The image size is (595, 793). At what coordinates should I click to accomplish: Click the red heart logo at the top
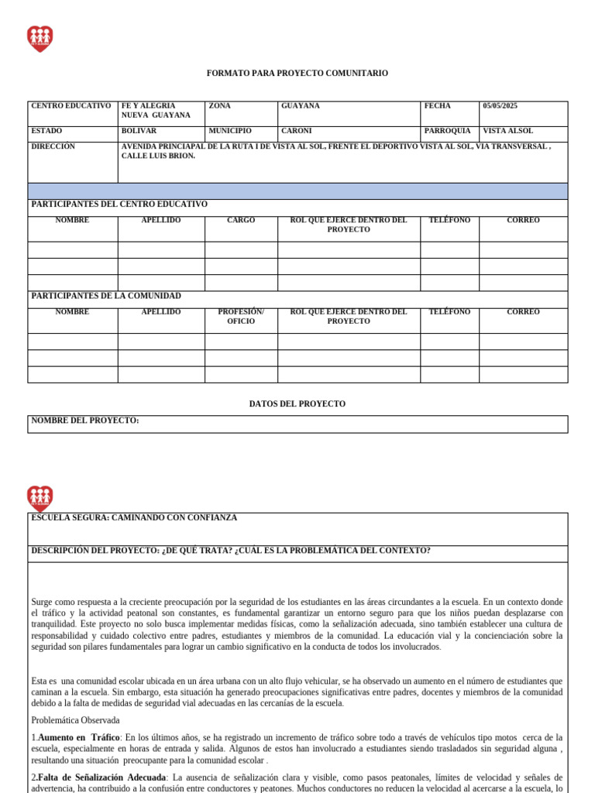tap(40, 38)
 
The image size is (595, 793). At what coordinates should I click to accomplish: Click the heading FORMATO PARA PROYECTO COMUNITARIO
tap(297, 73)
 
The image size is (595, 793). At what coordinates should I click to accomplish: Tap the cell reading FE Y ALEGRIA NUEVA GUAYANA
tap(156, 111)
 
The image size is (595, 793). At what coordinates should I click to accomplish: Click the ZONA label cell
tap(219, 106)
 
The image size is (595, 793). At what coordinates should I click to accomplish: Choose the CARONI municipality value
tap(297, 131)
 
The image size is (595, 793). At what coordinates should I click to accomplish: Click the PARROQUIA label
tap(447, 131)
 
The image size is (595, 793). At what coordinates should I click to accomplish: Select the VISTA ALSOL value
tap(507, 131)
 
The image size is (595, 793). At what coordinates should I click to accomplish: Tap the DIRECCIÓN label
tap(53, 146)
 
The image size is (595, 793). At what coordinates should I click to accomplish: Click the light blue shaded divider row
tap(297, 191)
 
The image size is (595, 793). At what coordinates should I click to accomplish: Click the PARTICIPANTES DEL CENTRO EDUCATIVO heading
tap(119, 204)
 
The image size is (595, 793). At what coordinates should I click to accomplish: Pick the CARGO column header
tap(241, 221)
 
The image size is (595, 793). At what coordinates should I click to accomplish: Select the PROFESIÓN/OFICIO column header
tap(241, 317)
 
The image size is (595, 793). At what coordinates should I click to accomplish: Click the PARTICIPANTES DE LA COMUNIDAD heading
tap(106, 296)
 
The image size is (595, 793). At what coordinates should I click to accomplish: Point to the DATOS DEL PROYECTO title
tap(297, 404)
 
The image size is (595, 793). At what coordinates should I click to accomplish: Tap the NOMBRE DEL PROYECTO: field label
tap(85, 421)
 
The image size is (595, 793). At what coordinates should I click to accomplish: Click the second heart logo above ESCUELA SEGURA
tap(40, 498)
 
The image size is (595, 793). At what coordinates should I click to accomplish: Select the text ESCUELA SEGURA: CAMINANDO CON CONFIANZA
tap(134, 517)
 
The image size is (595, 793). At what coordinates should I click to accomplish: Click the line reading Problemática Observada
tap(75, 721)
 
